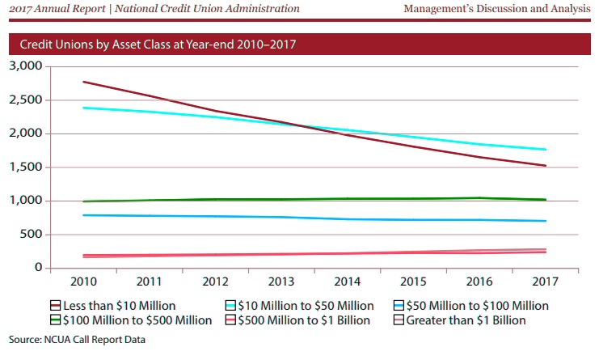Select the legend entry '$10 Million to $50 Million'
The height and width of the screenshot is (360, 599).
[299, 306]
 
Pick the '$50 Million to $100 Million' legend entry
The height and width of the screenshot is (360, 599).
[477, 306]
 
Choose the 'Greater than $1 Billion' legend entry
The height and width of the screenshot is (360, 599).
[466, 320]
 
